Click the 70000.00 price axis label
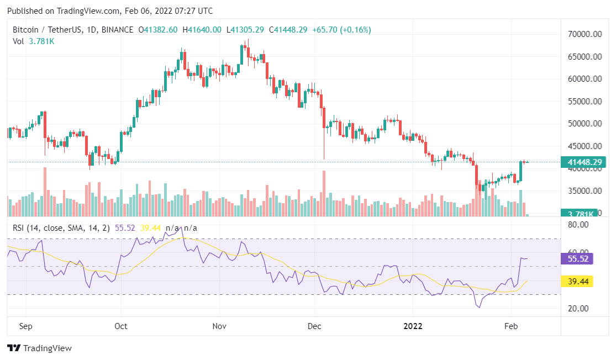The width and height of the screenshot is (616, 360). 586,34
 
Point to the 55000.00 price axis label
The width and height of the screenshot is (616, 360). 586,102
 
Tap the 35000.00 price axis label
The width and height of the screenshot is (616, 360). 586,191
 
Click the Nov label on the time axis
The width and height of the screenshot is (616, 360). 219,326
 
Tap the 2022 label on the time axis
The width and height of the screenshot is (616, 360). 412,326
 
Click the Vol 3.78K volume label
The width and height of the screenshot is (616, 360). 31,41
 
